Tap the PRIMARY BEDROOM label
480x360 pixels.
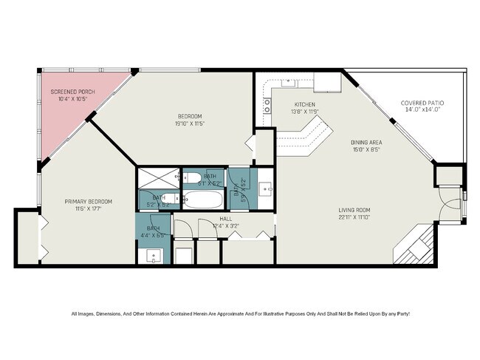click(x=88, y=202)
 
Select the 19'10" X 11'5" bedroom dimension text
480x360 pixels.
click(x=190, y=123)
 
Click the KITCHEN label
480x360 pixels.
click(x=304, y=105)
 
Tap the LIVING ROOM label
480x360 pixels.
click(x=354, y=209)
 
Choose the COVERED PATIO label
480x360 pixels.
click(x=422, y=103)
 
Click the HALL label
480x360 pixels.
click(x=226, y=219)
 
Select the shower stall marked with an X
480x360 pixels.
click(x=158, y=177)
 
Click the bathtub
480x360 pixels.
click(x=202, y=200)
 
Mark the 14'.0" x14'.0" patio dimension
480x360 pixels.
click(x=422, y=109)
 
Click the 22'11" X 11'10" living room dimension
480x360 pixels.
click(x=354, y=217)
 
